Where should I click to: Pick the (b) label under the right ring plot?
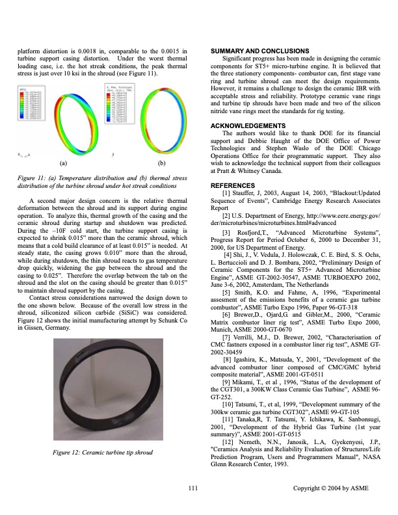[x=161, y=163]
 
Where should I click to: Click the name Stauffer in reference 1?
[x=245, y=194]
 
